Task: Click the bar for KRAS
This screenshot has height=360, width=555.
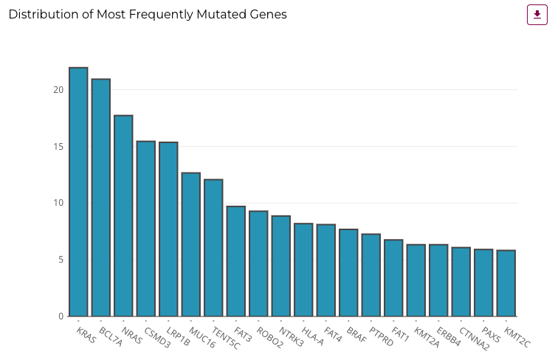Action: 78,192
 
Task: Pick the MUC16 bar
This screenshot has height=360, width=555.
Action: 191,244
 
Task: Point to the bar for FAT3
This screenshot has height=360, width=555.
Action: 236,261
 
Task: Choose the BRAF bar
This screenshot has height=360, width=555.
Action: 348,272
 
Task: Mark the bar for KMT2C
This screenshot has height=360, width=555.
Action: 506,283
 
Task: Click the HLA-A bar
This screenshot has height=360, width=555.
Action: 303,269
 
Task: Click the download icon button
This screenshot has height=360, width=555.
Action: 537,15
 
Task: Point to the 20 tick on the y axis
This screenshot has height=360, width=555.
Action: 58,90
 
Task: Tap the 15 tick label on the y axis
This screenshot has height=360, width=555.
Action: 58,147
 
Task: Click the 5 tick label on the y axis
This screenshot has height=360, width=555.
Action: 61,260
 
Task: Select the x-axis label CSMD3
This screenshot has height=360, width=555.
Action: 155,337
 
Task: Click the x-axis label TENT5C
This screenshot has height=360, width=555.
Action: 225,339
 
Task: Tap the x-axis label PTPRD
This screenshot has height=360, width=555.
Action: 380,338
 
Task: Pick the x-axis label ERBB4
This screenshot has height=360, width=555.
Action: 448,337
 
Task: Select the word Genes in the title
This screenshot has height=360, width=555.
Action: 269,15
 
